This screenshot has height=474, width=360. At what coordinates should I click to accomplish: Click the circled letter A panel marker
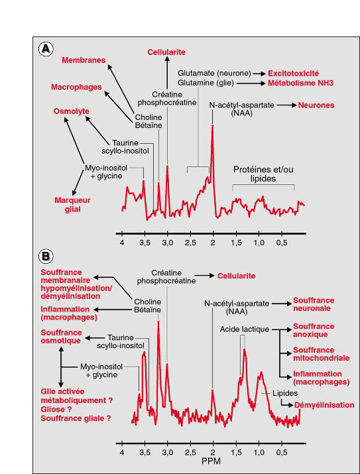coord(46,48)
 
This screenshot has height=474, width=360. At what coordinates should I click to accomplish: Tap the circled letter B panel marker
coord(46,257)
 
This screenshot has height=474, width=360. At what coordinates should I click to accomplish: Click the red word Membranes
coord(84,60)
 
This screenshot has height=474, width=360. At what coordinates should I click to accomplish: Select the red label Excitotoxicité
coord(293,74)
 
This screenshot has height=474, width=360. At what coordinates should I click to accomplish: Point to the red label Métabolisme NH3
coord(300,83)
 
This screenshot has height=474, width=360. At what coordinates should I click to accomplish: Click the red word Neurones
coord(316,105)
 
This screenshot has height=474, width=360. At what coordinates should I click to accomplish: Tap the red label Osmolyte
coord(72,111)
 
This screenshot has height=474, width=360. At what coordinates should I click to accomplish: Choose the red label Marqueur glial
coord(72,205)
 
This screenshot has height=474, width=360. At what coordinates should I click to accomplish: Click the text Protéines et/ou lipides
coord(263,174)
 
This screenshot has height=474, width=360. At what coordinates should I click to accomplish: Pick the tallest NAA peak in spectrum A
coord(213,125)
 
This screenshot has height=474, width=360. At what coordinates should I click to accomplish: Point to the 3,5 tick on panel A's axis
coord(145,233)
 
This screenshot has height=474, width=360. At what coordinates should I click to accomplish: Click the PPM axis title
coord(211,461)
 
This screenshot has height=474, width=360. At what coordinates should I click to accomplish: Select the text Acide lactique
coord(245,329)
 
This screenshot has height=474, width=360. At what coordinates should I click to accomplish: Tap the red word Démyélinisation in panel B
coord(324,405)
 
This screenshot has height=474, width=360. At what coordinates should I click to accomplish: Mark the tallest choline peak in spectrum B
coord(158,322)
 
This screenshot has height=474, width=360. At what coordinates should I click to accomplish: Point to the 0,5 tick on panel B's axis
coord(282,444)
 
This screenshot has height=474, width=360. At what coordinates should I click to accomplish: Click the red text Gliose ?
coord(57,409)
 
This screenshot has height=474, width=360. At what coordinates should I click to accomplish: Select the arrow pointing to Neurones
coord(286,105)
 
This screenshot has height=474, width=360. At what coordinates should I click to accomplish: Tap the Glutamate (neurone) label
coord(214,73)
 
